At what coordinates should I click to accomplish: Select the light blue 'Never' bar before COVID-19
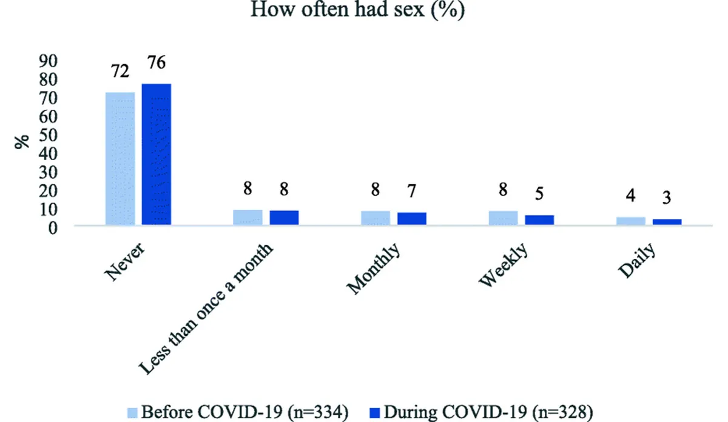[x=120, y=159]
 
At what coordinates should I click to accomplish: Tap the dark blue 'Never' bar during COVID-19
[x=157, y=155]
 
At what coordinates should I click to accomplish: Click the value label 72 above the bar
[x=120, y=72]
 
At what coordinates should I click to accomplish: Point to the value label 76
[x=156, y=63]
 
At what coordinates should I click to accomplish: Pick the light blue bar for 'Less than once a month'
[x=248, y=218]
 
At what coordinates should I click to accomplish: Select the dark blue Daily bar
[x=667, y=222]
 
